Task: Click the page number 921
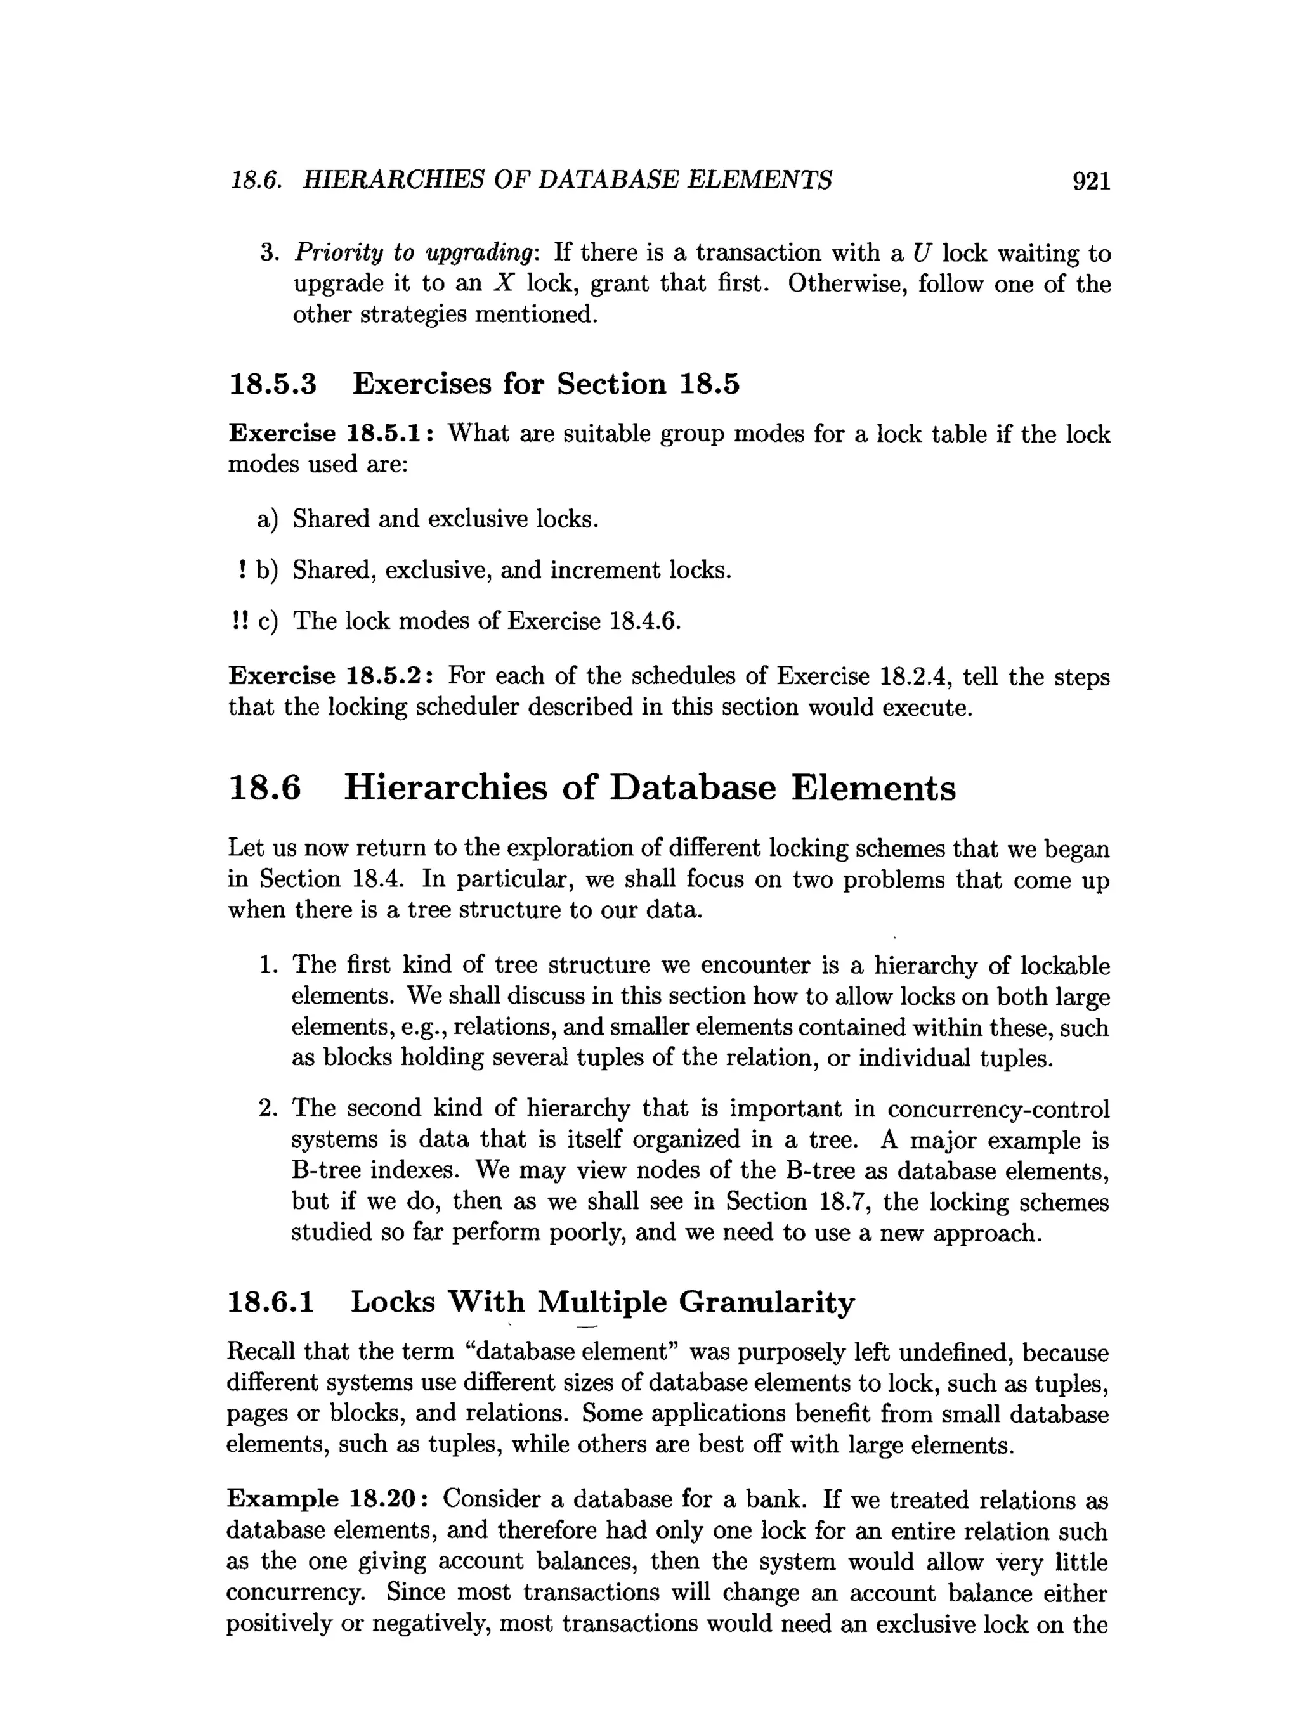[1090, 181]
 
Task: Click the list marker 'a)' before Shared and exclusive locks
[267, 519]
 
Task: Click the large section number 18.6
[264, 789]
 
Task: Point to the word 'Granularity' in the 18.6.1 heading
[766, 1302]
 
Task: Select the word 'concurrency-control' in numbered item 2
[998, 1109]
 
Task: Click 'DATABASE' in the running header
[607, 181]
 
